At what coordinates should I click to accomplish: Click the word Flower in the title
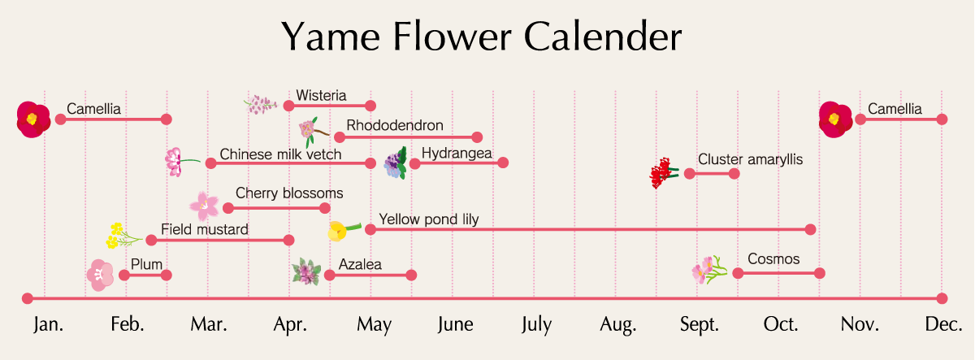(x=453, y=37)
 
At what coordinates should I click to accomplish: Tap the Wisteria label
(x=321, y=95)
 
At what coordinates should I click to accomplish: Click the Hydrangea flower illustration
(x=396, y=163)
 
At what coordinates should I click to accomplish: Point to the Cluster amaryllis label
(x=751, y=159)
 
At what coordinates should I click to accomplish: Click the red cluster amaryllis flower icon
(x=663, y=173)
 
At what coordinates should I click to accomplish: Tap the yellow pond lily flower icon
(x=344, y=230)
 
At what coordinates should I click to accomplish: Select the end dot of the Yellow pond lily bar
(x=810, y=229)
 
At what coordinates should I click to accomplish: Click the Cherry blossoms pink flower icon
(x=204, y=206)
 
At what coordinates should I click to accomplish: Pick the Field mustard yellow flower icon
(x=123, y=236)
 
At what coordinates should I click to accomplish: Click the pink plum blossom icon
(x=100, y=275)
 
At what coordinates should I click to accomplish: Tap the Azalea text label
(x=360, y=264)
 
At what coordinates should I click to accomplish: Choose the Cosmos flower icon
(x=709, y=270)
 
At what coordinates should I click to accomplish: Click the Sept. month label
(x=700, y=324)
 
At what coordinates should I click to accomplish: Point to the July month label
(x=537, y=325)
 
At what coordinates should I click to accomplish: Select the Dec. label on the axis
(x=943, y=324)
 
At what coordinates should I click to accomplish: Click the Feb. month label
(x=127, y=324)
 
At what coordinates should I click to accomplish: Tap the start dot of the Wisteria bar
(x=288, y=106)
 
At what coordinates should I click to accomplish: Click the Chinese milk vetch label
(x=280, y=154)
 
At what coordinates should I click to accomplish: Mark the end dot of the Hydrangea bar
(x=503, y=163)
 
